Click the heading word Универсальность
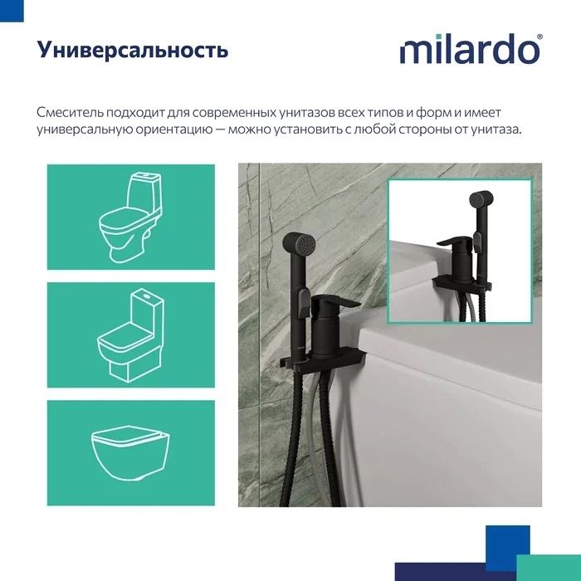tap(132, 50)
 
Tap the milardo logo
tap(470, 49)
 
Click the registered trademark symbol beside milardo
tap(539, 37)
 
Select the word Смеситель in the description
tap(70, 112)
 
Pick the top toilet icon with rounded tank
tap(130, 217)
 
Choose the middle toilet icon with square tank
tap(130, 335)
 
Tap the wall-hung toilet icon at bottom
tap(130, 453)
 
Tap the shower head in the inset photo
tap(481, 200)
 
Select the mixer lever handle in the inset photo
tap(456, 242)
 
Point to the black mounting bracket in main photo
tap(324, 359)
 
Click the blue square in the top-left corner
tap(12, 10)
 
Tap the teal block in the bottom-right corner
tap(549, 568)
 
